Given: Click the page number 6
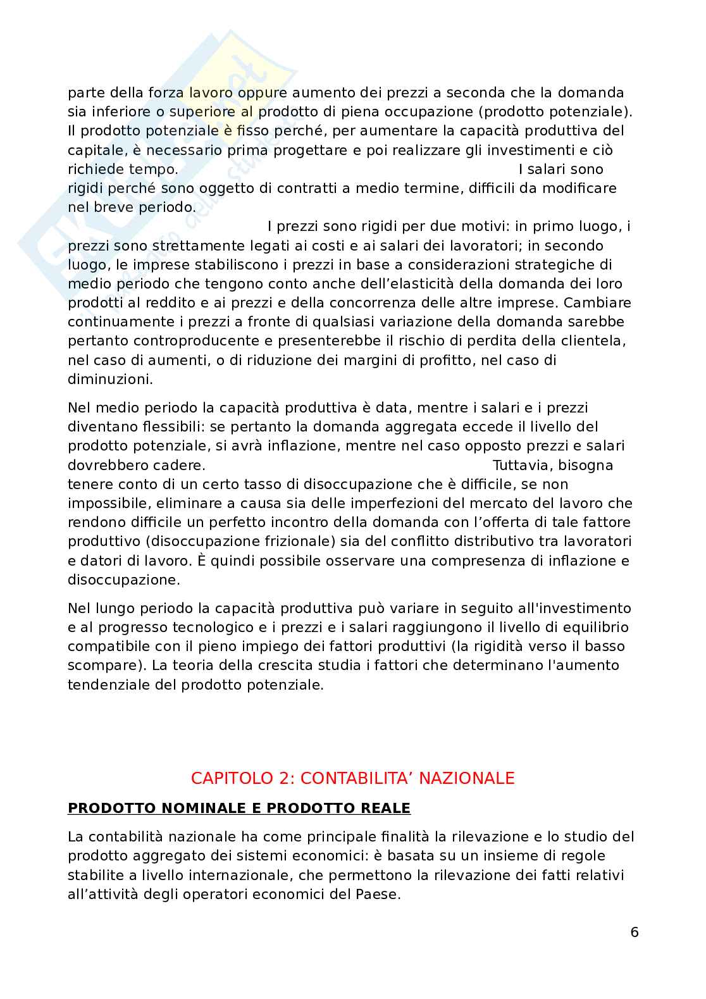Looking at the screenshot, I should click(635, 933).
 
